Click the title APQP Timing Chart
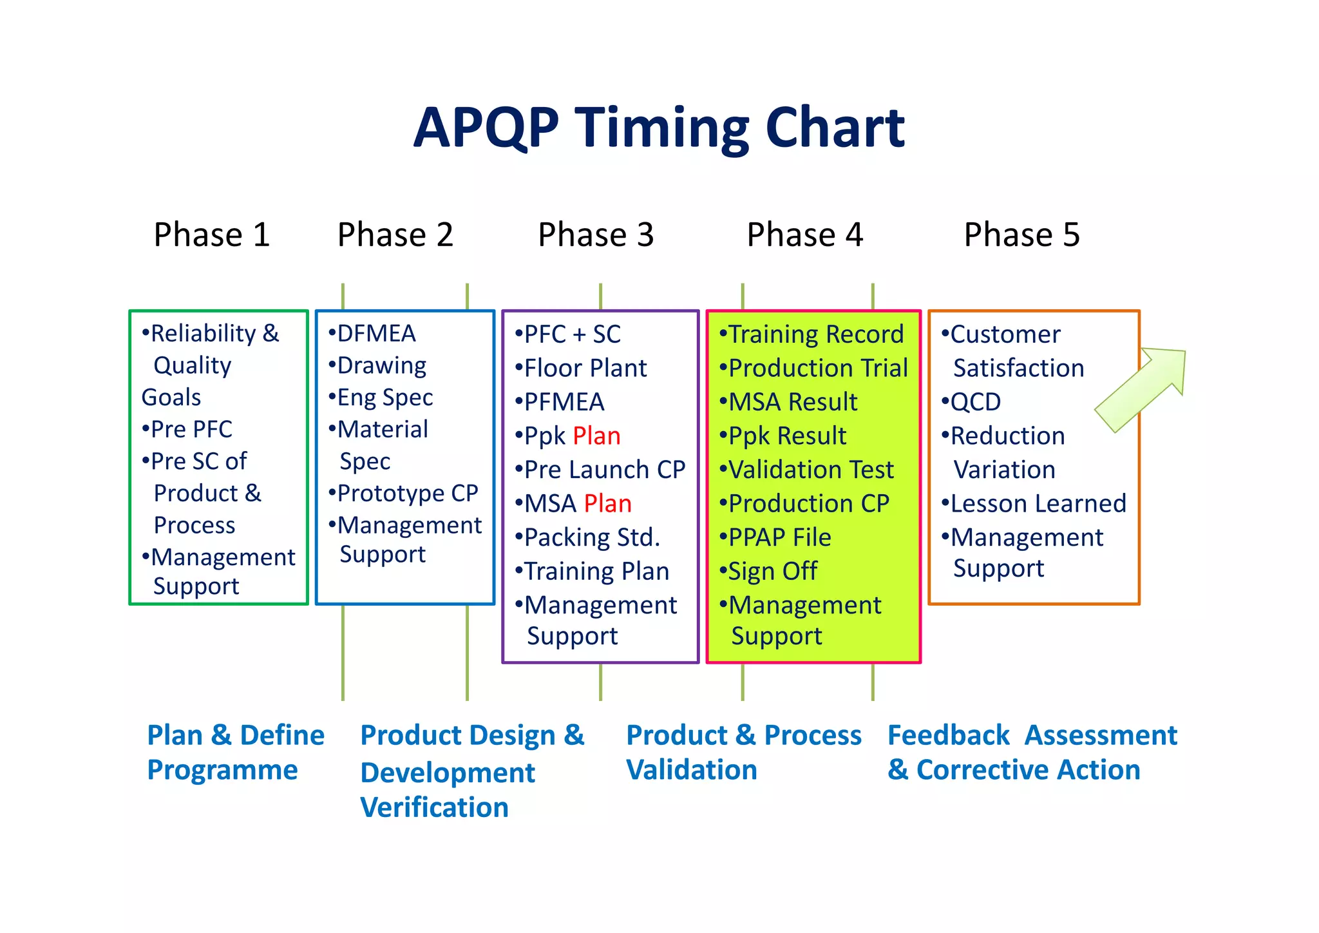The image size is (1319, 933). tap(659, 128)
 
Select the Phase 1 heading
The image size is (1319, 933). tap(211, 235)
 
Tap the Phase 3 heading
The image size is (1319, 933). tap(596, 235)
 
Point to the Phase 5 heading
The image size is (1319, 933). tap(1021, 235)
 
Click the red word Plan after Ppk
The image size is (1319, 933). tap(596, 436)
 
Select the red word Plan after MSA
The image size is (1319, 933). tap(607, 504)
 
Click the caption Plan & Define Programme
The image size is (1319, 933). tap(235, 753)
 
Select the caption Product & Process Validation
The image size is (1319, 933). tap(743, 753)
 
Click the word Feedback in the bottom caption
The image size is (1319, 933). tap(948, 736)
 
